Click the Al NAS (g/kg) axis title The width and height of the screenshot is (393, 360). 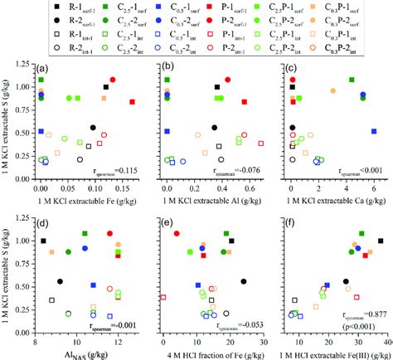[x=80, y=343]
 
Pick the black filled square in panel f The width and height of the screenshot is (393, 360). [x=381, y=241]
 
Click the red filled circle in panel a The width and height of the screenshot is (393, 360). [x=113, y=80]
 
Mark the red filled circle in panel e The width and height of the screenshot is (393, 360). [x=177, y=234]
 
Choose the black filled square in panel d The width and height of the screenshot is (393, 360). [x=43, y=241]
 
